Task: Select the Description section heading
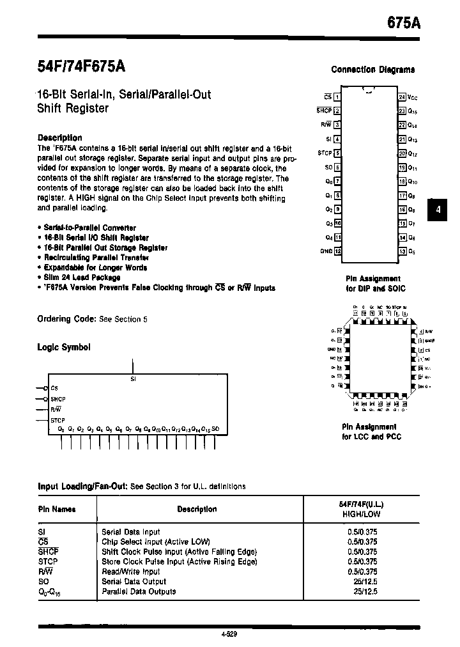pos(60,137)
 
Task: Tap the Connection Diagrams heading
pos(372,70)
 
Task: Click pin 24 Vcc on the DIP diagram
pos(407,97)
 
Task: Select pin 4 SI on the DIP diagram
pos(333,139)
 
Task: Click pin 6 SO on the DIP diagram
pos(333,167)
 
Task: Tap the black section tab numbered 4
pos(438,210)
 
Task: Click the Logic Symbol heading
pos(64,347)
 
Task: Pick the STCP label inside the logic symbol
pos(57,419)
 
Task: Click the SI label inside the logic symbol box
pos(133,378)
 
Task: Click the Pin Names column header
pos(57,510)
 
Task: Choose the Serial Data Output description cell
pos(134,581)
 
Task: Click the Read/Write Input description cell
pos(130,572)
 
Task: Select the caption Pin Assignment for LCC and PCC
pos(371,432)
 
